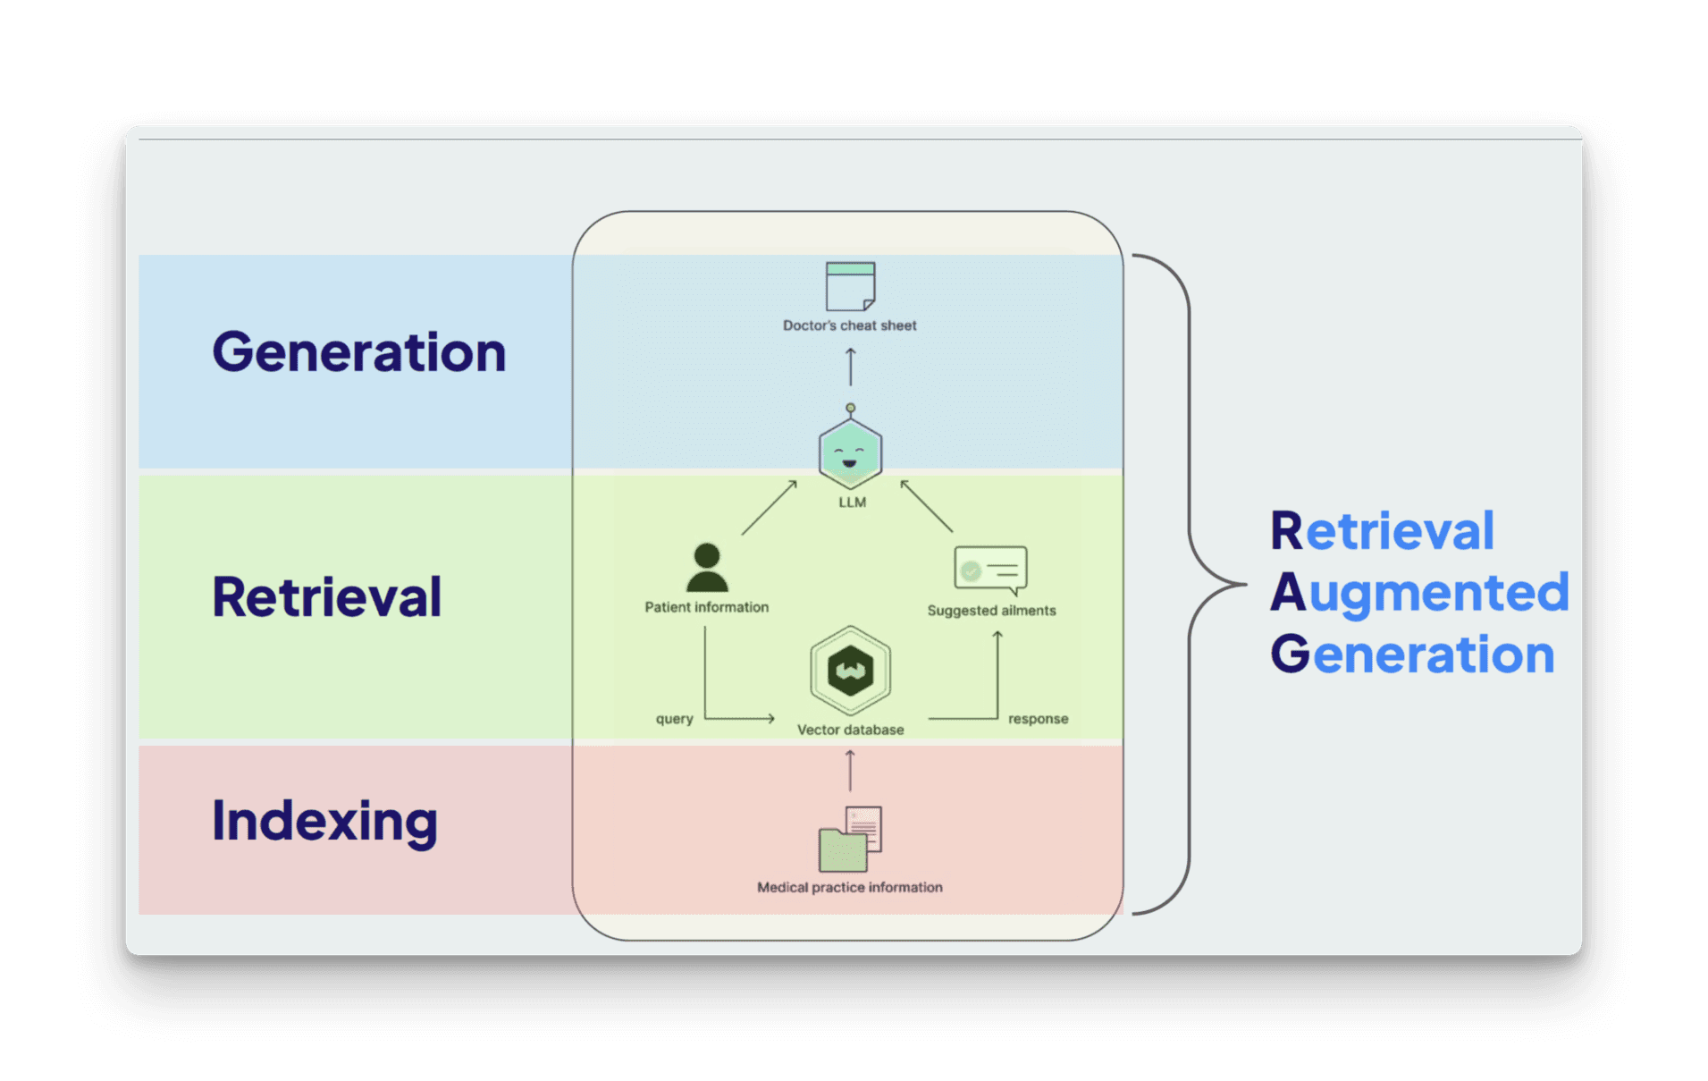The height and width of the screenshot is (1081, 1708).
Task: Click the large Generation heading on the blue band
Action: point(358,352)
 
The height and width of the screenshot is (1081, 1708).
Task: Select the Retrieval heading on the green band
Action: point(326,597)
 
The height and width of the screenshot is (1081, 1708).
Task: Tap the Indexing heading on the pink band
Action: point(324,821)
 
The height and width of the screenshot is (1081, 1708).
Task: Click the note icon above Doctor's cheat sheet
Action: point(850,286)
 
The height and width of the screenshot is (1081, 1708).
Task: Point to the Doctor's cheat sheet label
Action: point(850,325)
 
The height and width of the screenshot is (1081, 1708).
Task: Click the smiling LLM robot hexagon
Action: point(850,453)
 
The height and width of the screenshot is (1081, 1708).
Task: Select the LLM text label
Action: point(852,502)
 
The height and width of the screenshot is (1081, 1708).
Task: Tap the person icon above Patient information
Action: point(707,568)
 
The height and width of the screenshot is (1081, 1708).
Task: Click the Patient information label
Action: point(707,607)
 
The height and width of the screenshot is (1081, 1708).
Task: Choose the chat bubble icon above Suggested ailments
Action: point(990,570)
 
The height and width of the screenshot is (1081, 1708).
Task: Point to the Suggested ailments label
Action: point(991,611)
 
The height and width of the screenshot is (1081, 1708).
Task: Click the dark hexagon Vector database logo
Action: point(850,671)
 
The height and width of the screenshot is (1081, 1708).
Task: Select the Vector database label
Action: point(850,730)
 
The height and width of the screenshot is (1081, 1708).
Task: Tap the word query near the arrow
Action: point(674,719)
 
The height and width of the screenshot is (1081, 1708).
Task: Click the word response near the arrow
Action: point(1038,719)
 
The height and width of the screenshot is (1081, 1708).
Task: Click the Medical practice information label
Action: point(849,887)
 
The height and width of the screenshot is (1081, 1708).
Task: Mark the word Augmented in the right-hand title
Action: point(1419,593)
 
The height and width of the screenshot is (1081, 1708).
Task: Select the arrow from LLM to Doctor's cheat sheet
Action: point(850,367)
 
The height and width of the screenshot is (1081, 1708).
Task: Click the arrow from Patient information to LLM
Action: point(769,508)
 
